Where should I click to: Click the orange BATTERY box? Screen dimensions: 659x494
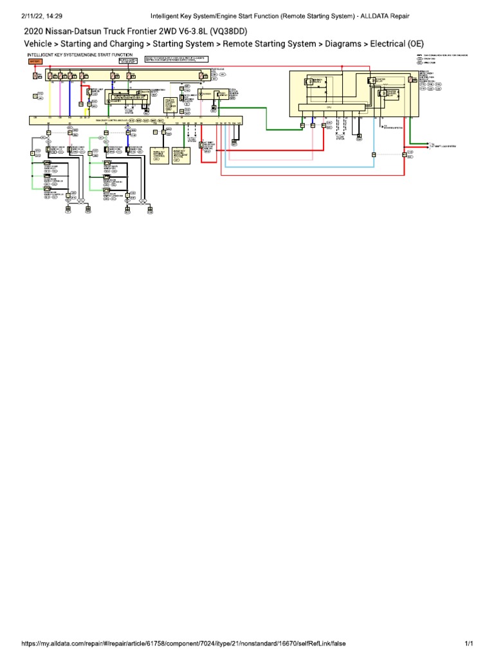point(33,61)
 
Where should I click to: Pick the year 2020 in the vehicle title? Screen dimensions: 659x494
point(35,31)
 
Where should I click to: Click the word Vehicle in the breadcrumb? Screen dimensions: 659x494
point(40,44)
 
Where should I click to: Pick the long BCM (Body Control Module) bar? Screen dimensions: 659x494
point(135,120)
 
